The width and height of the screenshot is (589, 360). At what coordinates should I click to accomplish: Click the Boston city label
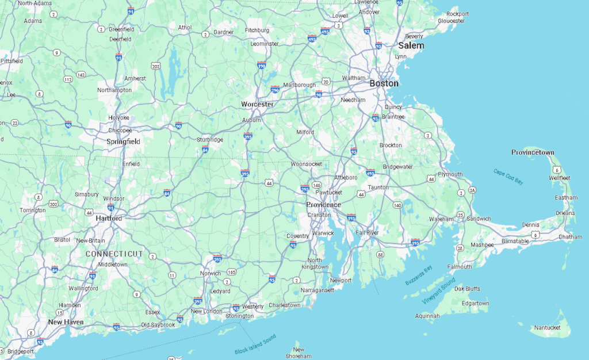[x=384, y=83]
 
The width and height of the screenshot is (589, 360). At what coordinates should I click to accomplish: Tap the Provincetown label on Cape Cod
[x=533, y=152]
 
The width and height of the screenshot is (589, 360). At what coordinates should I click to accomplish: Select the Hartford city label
[x=108, y=219]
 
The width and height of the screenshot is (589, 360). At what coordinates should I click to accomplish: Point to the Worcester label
[x=257, y=104]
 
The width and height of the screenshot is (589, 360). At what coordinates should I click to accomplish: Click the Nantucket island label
[x=546, y=328]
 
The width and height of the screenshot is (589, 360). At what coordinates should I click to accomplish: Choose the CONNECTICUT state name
[x=114, y=254]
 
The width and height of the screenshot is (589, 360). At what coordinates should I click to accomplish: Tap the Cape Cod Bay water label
[x=508, y=176]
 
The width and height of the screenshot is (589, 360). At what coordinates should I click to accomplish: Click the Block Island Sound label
[x=255, y=344]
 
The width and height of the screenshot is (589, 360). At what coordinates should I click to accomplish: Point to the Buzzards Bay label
[x=418, y=275]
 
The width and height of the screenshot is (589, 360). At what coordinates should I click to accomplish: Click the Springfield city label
[x=123, y=141]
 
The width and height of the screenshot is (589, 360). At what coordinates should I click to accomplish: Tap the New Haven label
[x=66, y=322]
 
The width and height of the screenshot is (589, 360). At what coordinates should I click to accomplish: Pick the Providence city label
[x=323, y=205]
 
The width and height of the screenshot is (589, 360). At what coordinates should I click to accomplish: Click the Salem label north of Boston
[x=411, y=45]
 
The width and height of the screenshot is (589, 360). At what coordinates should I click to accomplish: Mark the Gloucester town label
[x=451, y=21]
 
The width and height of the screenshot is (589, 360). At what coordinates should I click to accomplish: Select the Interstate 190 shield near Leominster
[x=262, y=66]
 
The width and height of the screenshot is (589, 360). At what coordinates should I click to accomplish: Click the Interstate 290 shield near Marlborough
[x=275, y=90]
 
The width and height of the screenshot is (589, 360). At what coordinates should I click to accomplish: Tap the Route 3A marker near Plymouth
[x=472, y=189]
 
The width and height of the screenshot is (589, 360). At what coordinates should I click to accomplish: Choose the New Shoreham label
[x=298, y=353]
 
